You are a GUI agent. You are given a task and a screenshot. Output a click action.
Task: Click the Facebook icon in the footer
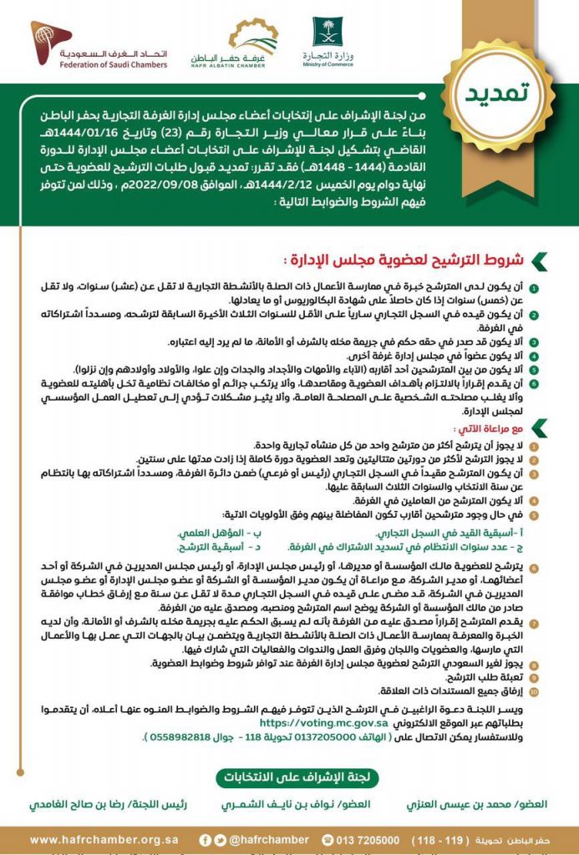(x=205, y=839)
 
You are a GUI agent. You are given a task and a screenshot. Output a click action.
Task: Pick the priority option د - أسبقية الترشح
(x=216, y=548)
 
